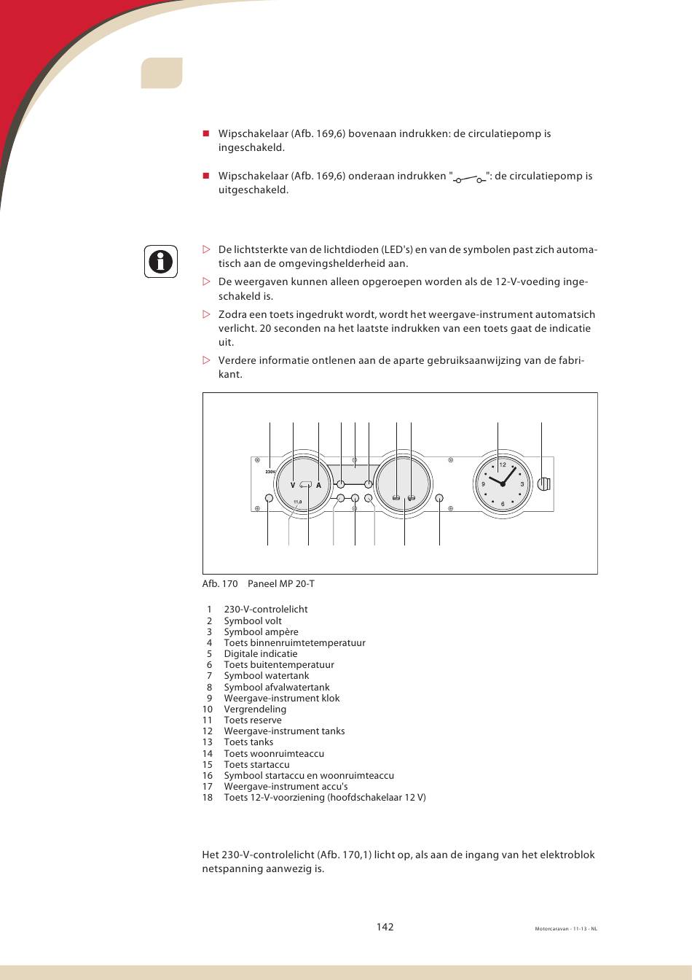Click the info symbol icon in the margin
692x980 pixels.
160,261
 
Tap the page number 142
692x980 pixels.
385,927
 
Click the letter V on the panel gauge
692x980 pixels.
293,485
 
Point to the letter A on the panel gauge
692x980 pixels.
318,485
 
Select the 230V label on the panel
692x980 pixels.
270,472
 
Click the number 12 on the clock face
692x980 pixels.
502,465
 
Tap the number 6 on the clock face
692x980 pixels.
503,504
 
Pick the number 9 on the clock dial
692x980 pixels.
483,484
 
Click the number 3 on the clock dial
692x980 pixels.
522,484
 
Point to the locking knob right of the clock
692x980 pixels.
543,483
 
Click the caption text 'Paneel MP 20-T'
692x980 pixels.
281,583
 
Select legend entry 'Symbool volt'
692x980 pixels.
252,621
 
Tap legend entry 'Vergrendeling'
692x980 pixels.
254,709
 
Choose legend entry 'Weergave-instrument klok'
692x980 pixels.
281,698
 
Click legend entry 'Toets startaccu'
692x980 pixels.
256,764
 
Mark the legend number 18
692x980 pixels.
208,797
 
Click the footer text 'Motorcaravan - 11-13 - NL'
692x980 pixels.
566,929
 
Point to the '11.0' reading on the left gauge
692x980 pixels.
297,502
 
